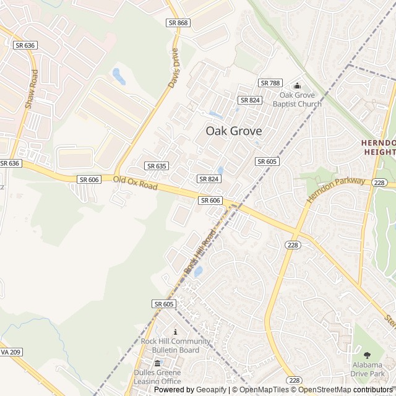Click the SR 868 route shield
click(x=178, y=23)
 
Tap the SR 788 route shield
click(x=270, y=83)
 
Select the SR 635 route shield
click(x=157, y=166)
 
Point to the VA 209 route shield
click(x=11, y=352)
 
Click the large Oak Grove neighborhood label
click(x=233, y=131)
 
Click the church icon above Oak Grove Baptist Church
click(x=297, y=86)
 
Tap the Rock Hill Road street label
click(x=199, y=252)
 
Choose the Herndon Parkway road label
click(x=336, y=190)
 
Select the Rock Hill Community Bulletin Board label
click(x=175, y=346)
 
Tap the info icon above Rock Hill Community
click(x=175, y=332)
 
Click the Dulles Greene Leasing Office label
click(x=157, y=377)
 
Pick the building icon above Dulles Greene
click(x=157, y=363)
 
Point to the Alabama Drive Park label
click(x=367, y=369)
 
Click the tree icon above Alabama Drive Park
click(x=367, y=355)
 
